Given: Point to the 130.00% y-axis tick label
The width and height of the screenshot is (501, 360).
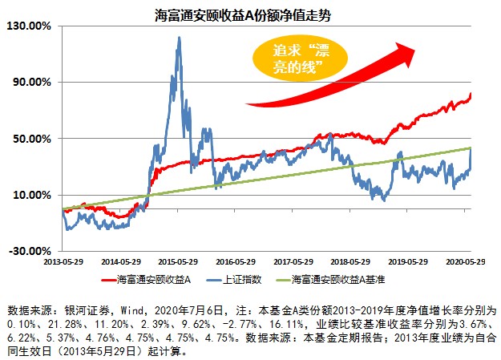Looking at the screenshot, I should click(30, 26).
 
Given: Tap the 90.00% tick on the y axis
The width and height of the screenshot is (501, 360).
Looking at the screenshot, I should click(33, 82).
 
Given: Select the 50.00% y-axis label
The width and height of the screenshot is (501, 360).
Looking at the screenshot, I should click(33, 138).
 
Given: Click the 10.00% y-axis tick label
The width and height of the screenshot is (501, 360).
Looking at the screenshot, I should click(33, 195).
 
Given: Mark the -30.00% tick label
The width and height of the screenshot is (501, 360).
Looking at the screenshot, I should click(30, 251).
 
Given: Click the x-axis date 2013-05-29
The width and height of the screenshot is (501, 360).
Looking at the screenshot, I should click(63, 261).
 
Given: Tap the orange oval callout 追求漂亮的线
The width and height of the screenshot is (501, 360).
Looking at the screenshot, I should click(293, 59).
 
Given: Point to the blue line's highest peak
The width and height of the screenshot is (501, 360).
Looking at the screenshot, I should click(179, 38).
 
